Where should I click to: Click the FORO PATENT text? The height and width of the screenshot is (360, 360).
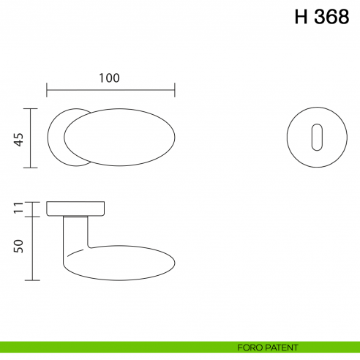[267, 347]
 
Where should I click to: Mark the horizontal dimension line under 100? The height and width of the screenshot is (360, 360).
[110, 90]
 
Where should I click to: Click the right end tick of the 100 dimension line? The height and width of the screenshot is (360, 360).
[174, 90]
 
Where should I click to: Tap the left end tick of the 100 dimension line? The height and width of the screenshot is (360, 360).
[47, 90]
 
